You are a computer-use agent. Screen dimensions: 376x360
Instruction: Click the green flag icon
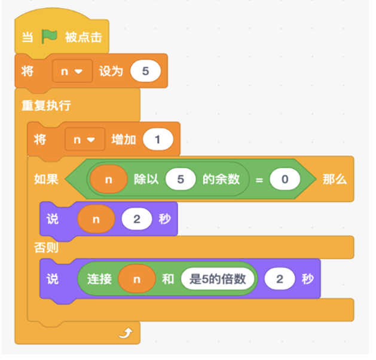(x=49, y=36)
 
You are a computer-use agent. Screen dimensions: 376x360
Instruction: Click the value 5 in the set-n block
(x=145, y=71)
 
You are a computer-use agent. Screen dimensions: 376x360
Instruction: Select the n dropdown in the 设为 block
(x=72, y=71)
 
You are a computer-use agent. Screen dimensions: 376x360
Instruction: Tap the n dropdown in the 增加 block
(x=85, y=139)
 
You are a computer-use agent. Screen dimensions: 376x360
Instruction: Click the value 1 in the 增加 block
(x=158, y=139)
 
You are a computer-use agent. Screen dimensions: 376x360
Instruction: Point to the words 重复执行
(x=46, y=106)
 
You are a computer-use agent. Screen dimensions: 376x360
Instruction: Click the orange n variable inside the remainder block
(x=109, y=179)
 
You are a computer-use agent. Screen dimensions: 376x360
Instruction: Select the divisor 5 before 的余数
(x=181, y=179)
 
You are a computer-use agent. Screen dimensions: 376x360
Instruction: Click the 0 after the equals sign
(x=285, y=179)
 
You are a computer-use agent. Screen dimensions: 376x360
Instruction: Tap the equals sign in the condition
(x=259, y=180)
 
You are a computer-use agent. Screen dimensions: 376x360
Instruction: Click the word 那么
(x=335, y=179)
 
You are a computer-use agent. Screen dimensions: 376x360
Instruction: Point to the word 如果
(x=46, y=179)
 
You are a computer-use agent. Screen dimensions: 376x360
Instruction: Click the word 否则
(x=46, y=247)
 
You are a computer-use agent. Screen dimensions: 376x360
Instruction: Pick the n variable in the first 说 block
(x=96, y=219)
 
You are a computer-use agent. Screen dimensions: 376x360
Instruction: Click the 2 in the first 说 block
(x=137, y=219)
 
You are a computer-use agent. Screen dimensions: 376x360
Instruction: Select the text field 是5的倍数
(x=218, y=279)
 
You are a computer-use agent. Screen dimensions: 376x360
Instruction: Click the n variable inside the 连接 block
(x=137, y=279)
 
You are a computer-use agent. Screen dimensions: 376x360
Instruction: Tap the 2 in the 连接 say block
(x=280, y=279)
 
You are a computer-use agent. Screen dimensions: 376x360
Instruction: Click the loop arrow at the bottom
(x=126, y=333)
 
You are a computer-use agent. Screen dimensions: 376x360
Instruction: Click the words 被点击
(x=84, y=38)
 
